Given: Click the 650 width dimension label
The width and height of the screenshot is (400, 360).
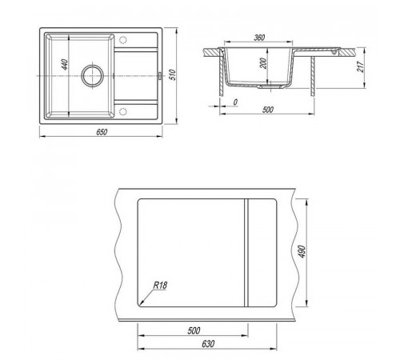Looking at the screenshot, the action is (x=102, y=132).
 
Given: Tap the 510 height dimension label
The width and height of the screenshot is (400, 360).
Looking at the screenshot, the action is (x=173, y=75).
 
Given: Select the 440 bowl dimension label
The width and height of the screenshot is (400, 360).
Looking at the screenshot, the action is (x=65, y=65).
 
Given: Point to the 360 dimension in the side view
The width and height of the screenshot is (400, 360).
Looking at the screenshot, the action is (x=259, y=38).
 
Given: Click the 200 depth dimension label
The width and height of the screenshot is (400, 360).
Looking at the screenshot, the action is (x=263, y=63).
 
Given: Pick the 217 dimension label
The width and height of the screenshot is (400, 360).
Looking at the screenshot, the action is (x=361, y=66).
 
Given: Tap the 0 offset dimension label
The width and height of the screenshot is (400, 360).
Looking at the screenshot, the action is (x=235, y=102).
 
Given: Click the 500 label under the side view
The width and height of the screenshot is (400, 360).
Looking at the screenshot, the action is (x=268, y=110).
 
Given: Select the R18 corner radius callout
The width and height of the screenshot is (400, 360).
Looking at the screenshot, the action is (x=160, y=286).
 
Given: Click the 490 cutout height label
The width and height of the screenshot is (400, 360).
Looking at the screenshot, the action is (x=302, y=251).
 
